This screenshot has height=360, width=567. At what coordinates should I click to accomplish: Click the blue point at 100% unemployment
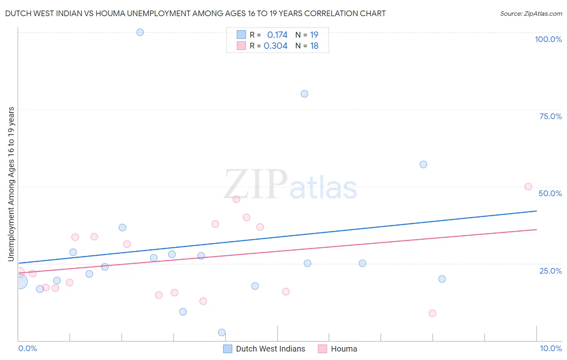click(140, 32)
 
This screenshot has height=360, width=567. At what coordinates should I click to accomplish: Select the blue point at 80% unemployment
click(304, 94)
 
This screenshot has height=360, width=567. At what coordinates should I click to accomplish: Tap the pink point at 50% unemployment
click(528, 187)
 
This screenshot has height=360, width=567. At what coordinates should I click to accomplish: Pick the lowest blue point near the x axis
click(222, 333)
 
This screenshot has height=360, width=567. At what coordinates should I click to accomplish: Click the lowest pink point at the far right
click(433, 313)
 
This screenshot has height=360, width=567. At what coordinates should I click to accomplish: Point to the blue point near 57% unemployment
click(423, 165)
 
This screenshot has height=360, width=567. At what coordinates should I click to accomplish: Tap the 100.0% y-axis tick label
click(548, 39)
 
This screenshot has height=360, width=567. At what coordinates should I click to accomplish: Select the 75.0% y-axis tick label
click(550, 116)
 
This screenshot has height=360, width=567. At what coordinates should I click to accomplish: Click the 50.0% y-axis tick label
click(550, 193)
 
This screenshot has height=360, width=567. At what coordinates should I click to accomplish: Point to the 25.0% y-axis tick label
click(550, 271)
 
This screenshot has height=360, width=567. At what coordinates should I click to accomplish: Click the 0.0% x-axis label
click(28, 348)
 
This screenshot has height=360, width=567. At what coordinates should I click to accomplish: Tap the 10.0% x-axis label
click(550, 348)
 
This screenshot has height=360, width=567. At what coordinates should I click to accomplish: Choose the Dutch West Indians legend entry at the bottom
click(270, 349)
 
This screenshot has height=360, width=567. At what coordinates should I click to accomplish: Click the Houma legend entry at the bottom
click(344, 349)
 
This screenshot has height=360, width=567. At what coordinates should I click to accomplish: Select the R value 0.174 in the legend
click(277, 35)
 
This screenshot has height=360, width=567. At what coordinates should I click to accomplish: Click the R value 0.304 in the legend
click(275, 46)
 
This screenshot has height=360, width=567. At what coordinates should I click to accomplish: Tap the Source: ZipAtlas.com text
click(531, 14)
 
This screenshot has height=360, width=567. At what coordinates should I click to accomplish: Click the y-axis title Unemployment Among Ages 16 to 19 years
click(11, 184)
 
